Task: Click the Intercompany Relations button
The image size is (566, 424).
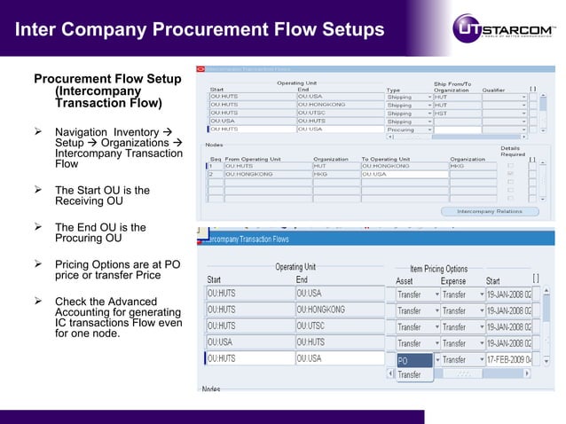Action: [x=489, y=211]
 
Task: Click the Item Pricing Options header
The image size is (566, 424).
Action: [x=438, y=269]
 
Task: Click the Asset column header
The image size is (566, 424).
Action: [x=405, y=280]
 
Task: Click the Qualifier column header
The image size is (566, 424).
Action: [x=493, y=90]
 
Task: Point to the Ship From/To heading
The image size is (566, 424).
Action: [x=452, y=83]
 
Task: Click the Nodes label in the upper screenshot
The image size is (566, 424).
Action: [x=214, y=144]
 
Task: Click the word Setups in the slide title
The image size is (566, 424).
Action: [x=346, y=30]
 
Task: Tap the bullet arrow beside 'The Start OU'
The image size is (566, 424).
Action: [x=38, y=190]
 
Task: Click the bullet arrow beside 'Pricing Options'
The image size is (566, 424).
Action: [x=38, y=264]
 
